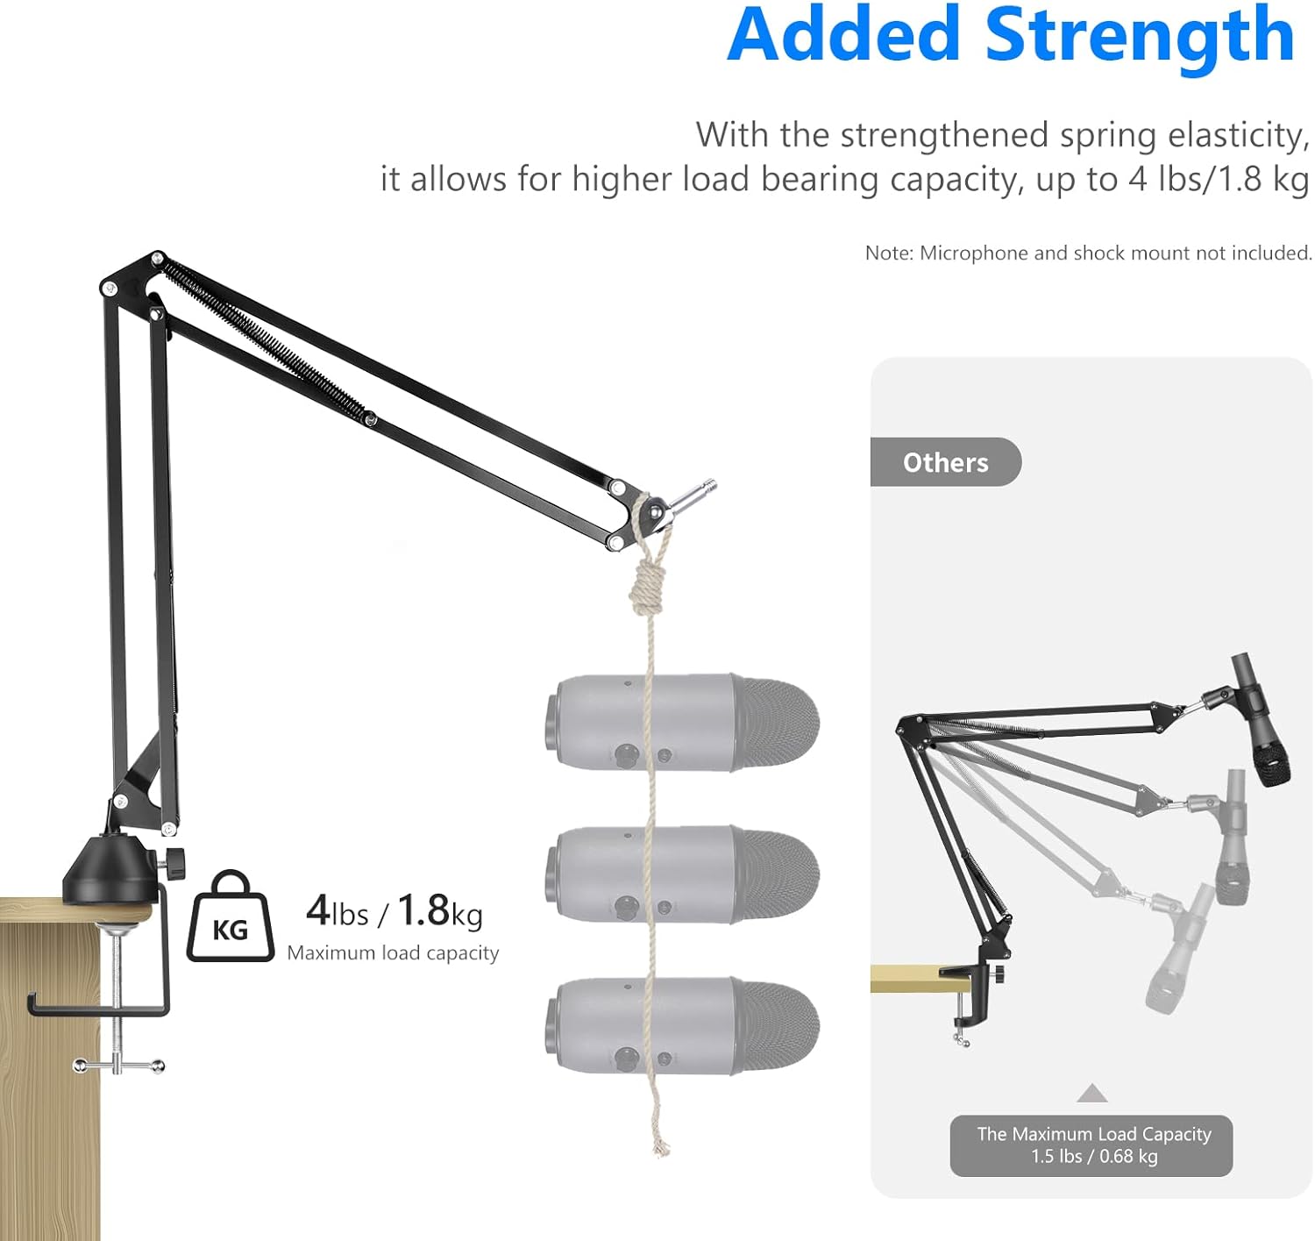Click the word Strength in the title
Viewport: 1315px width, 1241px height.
pos(1140,37)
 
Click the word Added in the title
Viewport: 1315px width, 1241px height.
pos(843,37)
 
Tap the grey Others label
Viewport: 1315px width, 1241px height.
pos(945,462)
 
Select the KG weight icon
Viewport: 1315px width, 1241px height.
pos(230,917)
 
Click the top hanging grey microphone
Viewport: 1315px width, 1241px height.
pos(682,722)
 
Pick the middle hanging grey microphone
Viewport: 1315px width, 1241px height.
pos(682,874)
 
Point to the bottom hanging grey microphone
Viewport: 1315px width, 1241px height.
pos(682,1026)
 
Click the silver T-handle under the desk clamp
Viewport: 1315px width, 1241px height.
pos(118,1066)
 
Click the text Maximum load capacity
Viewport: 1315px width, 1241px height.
pos(393,952)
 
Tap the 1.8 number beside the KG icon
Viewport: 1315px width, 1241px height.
pos(423,910)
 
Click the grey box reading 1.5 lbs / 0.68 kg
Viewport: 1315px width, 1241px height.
pos(1091,1145)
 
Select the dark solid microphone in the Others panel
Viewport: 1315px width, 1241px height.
pos(1262,719)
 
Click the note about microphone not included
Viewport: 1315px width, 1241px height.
pos(1088,253)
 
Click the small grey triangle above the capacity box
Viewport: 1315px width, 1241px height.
pos(1091,1093)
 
